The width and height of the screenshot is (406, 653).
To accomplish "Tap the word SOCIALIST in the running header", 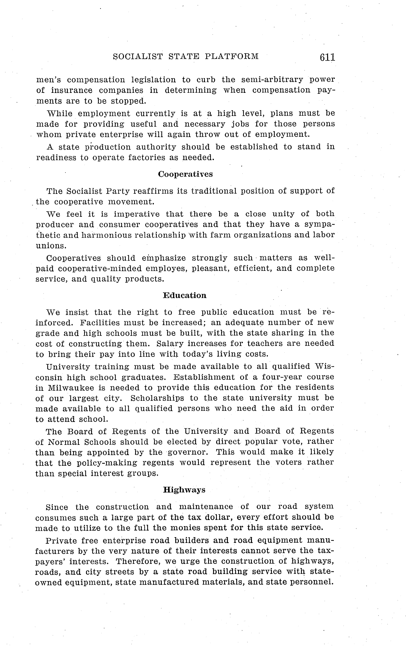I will [138, 56].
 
